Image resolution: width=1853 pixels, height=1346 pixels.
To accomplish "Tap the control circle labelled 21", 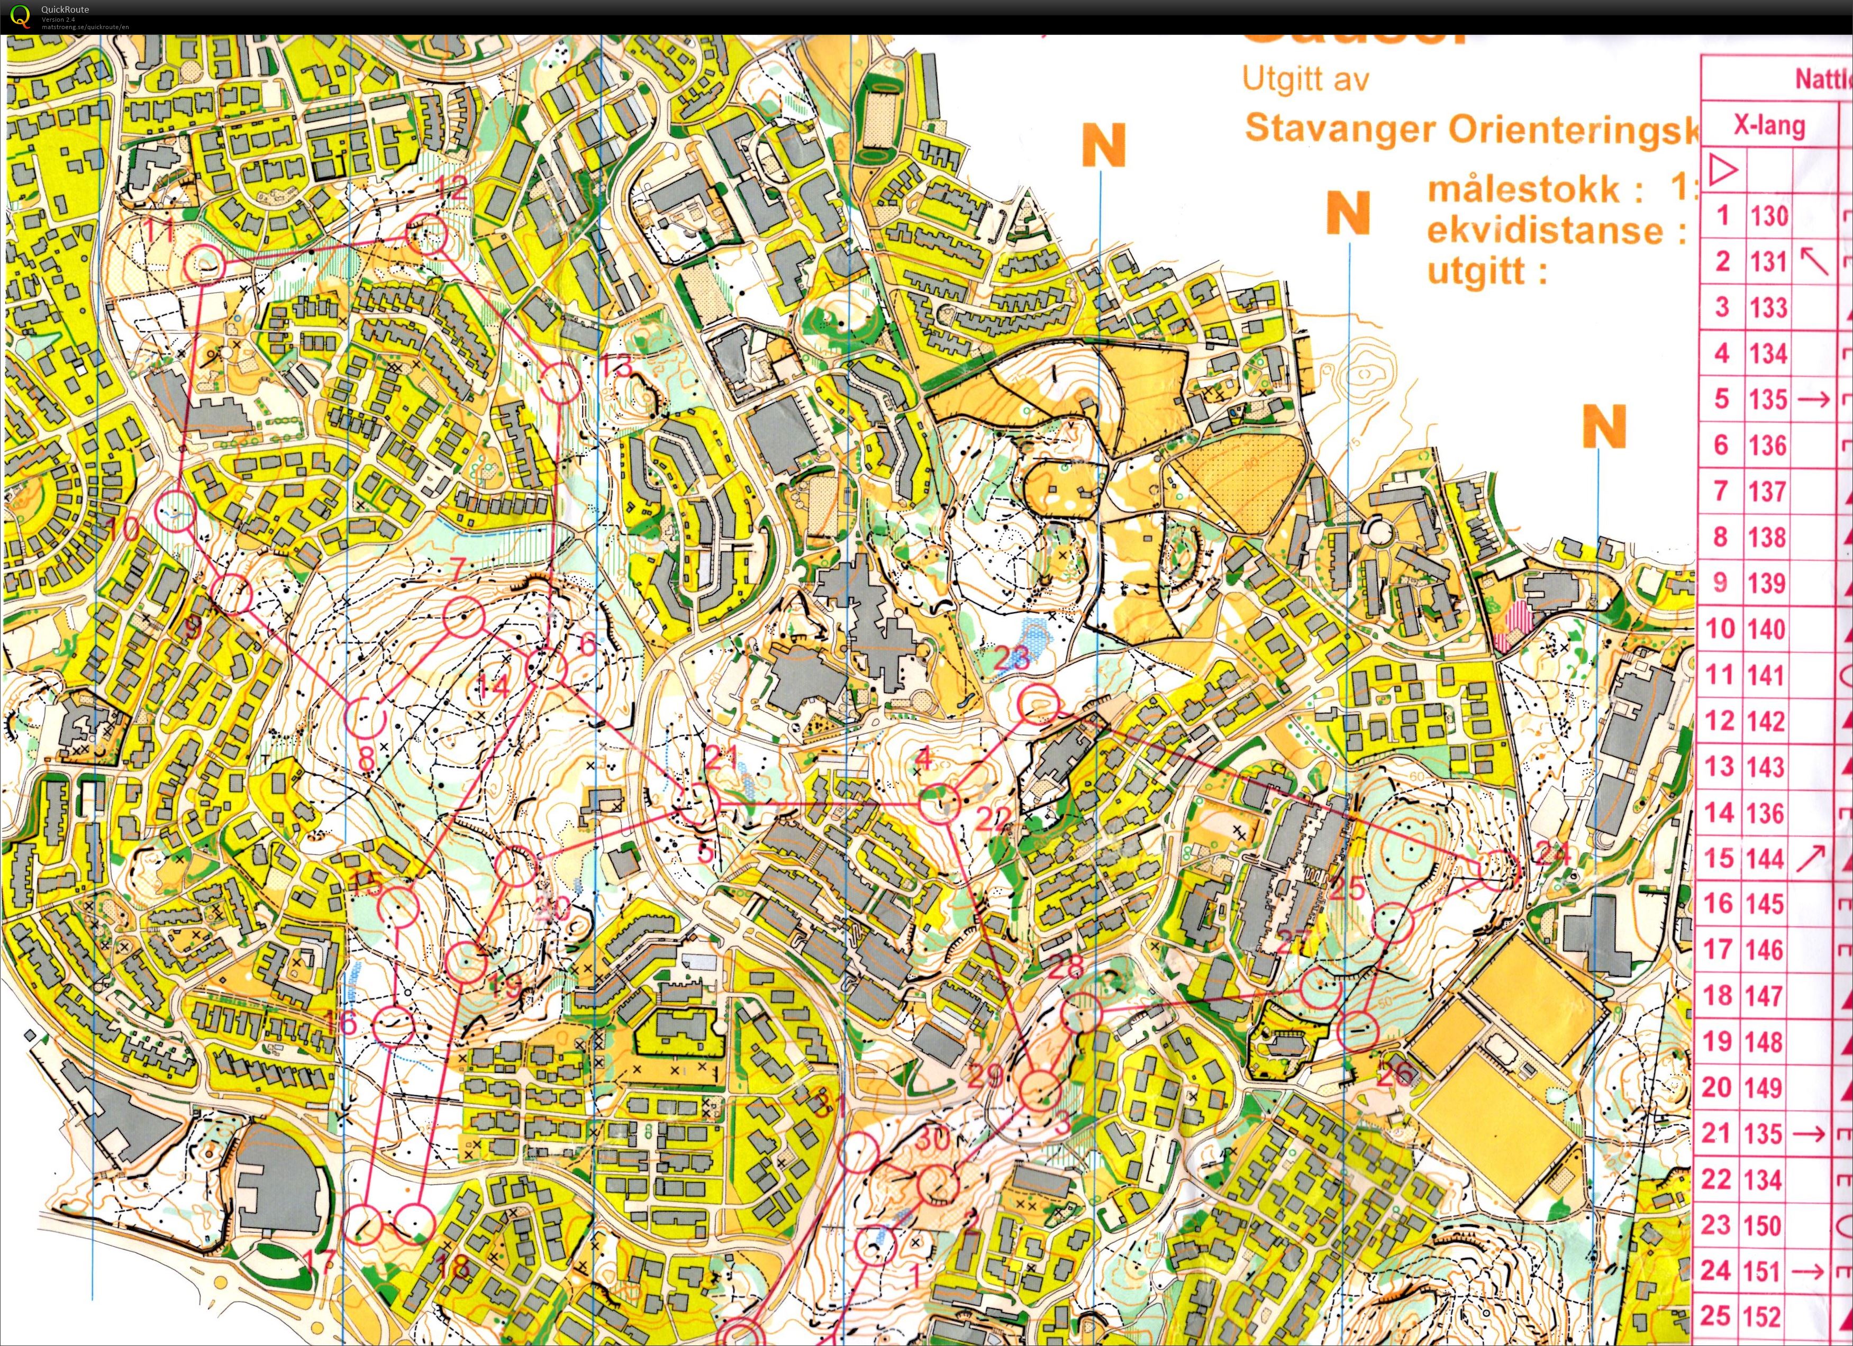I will [697, 805].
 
